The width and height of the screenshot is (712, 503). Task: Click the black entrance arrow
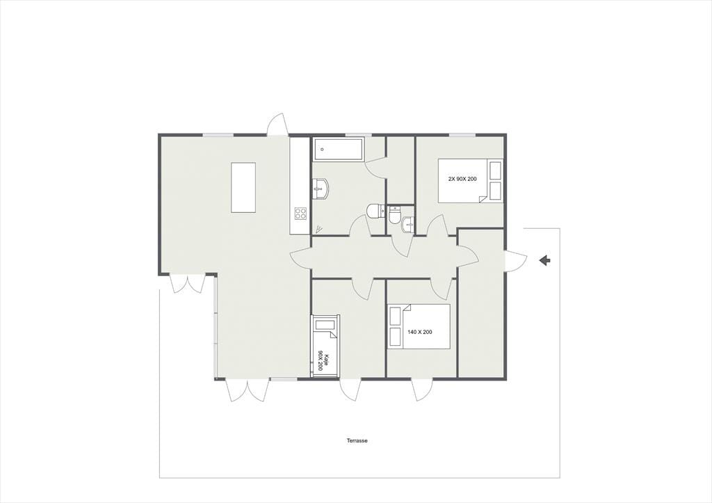pyautogui.click(x=544, y=260)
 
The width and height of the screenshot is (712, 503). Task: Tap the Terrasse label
pyautogui.click(x=357, y=441)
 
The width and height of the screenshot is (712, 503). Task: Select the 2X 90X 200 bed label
pyautogui.click(x=462, y=179)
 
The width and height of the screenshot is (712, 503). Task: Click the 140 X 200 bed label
pyautogui.click(x=419, y=332)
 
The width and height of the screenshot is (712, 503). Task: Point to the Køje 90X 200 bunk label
pyautogui.click(x=322, y=360)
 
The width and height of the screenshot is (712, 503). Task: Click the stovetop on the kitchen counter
pyautogui.click(x=300, y=213)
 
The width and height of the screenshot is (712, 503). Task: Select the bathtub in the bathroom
pyautogui.click(x=337, y=149)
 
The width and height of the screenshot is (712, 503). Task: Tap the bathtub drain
pyautogui.click(x=322, y=149)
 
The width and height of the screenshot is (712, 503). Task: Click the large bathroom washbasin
pyautogui.click(x=321, y=189)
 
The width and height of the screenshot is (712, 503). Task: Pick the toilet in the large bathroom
pyautogui.click(x=376, y=211)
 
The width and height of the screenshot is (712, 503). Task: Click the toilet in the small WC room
pyautogui.click(x=394, y=215)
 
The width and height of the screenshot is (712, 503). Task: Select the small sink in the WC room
pyautogui.click(x=408, y=225)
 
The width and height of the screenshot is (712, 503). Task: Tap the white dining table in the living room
pyautogui.click(x=243, y=187)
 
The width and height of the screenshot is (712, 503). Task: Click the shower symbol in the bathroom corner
pyautogui.click(x=319, y=229)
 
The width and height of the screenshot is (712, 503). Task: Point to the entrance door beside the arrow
pyautogui.click(x=516, y=261)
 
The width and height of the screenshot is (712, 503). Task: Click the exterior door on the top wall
pyautogui.click(x=277, y=124)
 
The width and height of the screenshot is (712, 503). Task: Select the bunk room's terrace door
pyautogui.click(x=350, y=390)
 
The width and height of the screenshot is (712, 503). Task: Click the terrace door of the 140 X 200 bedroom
pyautogui.click(x=422, y=390)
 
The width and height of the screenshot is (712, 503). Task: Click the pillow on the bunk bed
pyautogui.click(x=325, y=325)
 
